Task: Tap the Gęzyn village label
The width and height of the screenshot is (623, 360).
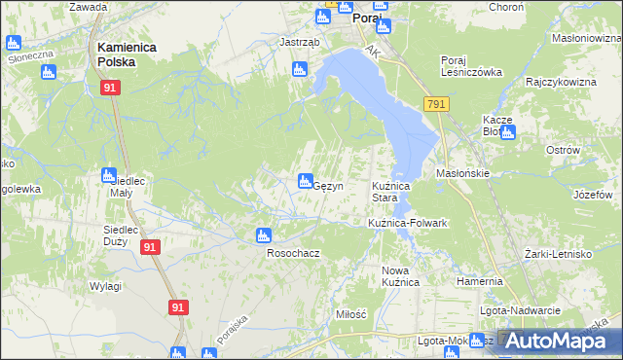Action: (x=326, y=187)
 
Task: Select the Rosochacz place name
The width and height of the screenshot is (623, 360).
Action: (x=293, y=253)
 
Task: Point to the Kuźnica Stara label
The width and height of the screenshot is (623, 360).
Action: (x=392, y=192)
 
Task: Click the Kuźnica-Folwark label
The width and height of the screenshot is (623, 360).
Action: (x=407, y=224)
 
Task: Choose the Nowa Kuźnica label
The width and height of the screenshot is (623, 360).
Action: (x=400, y=275)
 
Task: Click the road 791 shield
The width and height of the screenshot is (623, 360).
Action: (x=436, y=104)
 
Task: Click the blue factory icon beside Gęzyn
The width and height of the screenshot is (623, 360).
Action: (x=304, y=180)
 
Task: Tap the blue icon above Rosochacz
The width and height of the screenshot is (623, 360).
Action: (x=262, y=234)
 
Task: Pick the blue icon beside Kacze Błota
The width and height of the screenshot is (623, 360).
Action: (x=507, y=131)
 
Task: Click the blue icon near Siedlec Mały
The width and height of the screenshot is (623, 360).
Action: (x=109, y=175)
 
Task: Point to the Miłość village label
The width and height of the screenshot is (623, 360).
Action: (x=350, y=314)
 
